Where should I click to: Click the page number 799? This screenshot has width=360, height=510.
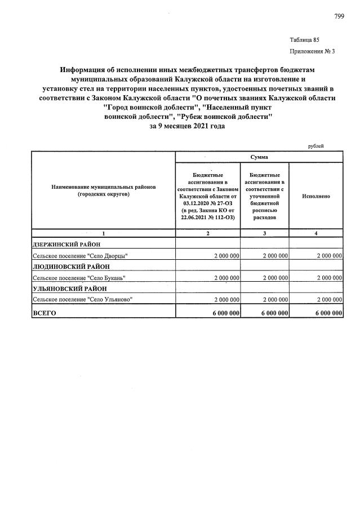point(339,16)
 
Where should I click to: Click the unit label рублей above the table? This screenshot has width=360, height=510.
point(315,146)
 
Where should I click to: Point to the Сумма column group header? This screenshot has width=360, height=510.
point(259,157)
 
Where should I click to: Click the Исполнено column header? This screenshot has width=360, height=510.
point(315,196)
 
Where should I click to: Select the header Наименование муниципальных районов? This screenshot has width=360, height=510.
point(103,187)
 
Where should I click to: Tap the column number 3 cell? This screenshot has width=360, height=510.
point(264,233)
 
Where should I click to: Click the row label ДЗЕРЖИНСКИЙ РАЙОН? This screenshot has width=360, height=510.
point(67,245)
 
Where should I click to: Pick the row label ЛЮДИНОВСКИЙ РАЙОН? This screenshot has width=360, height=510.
point(70,266)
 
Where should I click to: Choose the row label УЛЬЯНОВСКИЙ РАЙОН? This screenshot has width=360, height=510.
point(68,288)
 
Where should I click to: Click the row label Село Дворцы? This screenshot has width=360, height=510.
point(81,256)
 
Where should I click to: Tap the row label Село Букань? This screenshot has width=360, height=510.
point(79,277)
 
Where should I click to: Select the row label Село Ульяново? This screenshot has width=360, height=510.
point(83,299)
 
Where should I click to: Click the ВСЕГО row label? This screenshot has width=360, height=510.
point(46,312)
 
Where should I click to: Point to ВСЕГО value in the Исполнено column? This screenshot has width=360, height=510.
point(326,312)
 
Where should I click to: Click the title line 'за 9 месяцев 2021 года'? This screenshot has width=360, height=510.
point(186,127)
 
